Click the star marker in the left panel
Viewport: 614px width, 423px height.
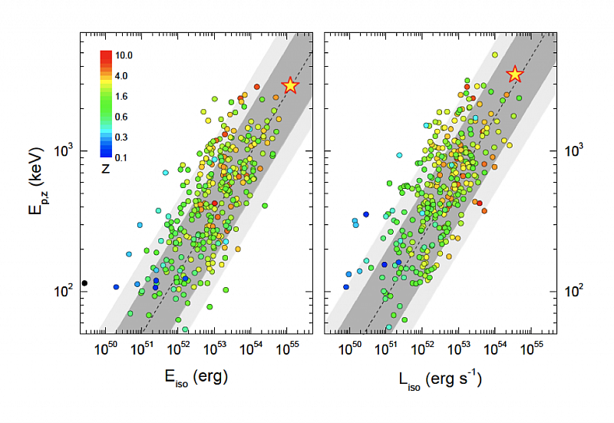point(290,85)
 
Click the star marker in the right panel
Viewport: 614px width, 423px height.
point(515,74)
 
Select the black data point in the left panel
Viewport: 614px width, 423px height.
point(84,283)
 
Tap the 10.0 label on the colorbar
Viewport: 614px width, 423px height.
point(124,55)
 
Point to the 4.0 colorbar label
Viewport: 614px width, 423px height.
point(121,75)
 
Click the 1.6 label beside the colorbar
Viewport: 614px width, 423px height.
point(121,96)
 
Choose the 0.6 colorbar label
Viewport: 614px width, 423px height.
point(121,117)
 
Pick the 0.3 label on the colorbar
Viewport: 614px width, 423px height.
point(121,137)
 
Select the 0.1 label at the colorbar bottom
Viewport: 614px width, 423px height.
point(121,157)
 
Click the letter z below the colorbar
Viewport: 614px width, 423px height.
point(106,168)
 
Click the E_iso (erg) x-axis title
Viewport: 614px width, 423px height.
point(196,378)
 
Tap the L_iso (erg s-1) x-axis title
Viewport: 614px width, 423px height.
point(440,378)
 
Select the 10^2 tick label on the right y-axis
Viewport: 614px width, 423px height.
point(573,290)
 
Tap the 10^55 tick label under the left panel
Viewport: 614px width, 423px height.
point(289,349)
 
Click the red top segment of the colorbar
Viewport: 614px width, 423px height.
point(106,54)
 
